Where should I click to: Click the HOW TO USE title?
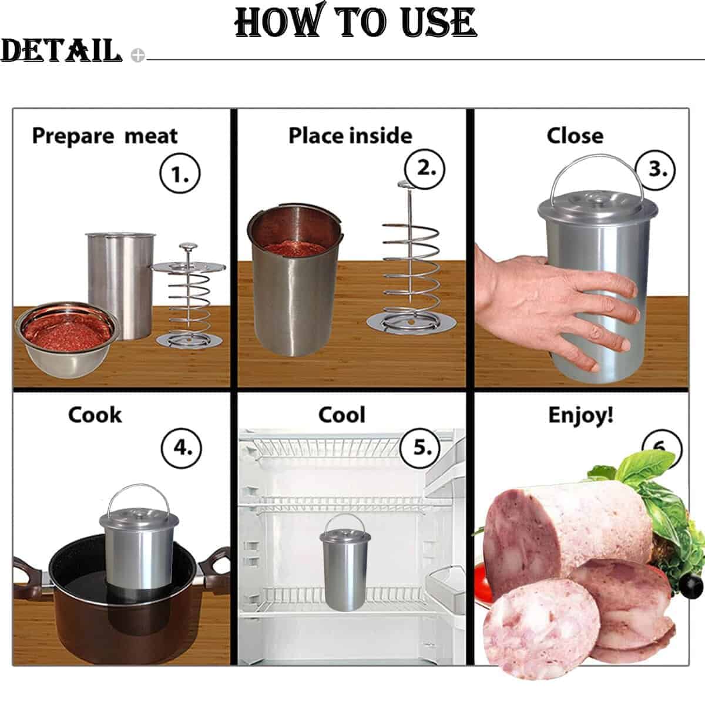(355, 21)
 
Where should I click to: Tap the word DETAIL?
(61, 50)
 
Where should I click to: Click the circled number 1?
(180, 173)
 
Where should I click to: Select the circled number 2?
(425, 169)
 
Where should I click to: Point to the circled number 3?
(656, 170)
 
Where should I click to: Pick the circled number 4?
(182, 448)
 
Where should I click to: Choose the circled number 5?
(421, 448)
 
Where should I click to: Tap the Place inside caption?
(350, 136)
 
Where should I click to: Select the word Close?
(575, 136)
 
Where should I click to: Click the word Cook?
(95, 415)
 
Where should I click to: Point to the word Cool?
(341, 415)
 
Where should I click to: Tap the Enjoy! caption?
(580, 415)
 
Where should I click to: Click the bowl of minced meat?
(66, 339)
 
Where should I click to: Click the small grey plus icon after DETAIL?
(137, 55)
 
